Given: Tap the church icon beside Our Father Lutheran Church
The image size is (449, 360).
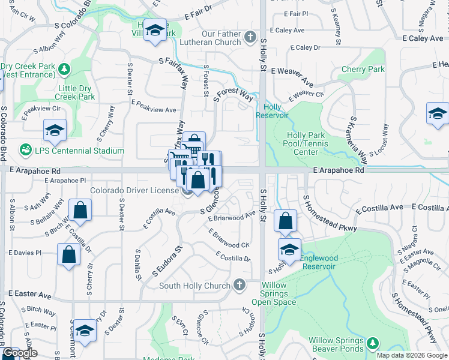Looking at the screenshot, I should tap(250, 38).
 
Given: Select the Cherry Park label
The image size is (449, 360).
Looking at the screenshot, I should tap(363, 70).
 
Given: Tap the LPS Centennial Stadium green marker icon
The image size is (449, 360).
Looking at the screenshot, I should tap(25, 149).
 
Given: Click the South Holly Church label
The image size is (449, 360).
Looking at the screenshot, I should tap(194, 286).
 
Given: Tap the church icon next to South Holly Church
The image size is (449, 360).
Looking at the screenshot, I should tap(240, 284).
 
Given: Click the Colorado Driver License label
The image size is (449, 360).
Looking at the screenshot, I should tap(135, 191).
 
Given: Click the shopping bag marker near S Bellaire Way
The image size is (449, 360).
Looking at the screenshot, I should tap(80, 210).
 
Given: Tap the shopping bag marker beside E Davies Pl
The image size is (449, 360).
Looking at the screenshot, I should tap(69, 254).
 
